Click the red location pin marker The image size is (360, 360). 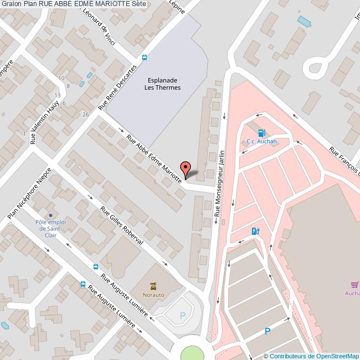click(186, 168)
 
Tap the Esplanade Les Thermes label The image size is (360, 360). click(162, 84)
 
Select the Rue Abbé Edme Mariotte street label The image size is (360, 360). click(155, 158)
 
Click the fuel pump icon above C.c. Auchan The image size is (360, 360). click(261, 133)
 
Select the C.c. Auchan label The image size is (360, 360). click(261, 141)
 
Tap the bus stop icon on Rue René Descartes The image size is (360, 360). click(145, 58)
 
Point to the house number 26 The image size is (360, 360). click(85, 114)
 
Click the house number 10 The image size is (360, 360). click(61, 78)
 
